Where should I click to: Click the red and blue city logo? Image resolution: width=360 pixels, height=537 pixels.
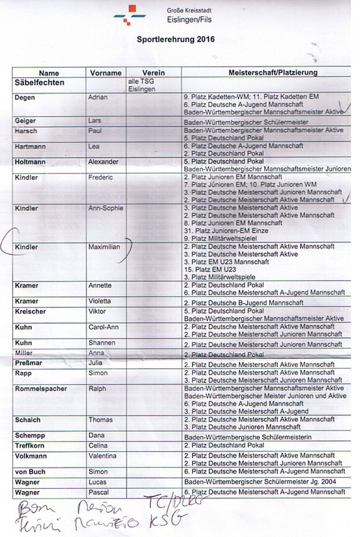(x=130, y=15)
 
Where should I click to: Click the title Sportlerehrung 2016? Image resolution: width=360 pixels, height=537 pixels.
(x=175, y=39)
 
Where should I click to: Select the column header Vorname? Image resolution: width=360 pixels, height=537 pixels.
(x=105, y=73)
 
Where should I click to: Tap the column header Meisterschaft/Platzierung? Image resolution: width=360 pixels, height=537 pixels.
(x=273, y=72)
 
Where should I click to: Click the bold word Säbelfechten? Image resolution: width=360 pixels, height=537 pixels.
(x=39, y=83)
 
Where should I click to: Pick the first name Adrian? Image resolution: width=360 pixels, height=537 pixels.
(x=98, y=97)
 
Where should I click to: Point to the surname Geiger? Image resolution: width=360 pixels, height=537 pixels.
(x=25, y=121)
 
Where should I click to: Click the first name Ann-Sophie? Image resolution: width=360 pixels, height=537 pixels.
(x=105, y=208)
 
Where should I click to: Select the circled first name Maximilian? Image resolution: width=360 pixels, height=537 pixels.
(x=104, y=247)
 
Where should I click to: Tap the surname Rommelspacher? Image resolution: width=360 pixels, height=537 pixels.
(x=41, y=389)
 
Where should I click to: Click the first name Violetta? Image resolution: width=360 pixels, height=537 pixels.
(x=99, y=301)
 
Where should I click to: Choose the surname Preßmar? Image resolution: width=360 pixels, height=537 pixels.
(x=28, y=363)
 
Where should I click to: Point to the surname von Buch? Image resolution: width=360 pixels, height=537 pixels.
(x=30, y=472)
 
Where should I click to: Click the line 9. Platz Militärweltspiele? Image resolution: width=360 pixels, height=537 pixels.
(x=220, y=238)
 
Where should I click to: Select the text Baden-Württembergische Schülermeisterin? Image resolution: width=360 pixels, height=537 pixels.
(x=248, y=437)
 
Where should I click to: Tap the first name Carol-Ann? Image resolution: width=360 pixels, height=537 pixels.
(x=103, y=327)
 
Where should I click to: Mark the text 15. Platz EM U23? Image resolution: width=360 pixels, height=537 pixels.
(x=210, y=269)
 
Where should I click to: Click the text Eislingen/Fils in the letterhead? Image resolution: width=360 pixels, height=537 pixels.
(x=189, y=20)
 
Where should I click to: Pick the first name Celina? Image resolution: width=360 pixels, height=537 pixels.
(x=98, y=446)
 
